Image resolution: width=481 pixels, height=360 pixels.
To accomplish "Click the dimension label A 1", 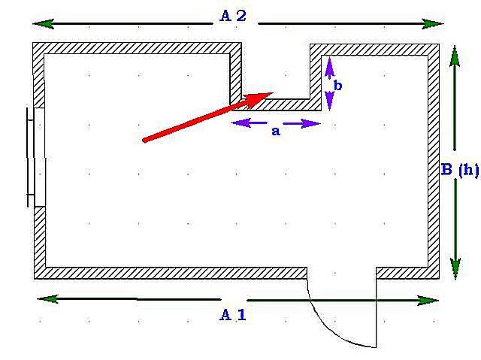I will pyautogui.click(x=232, y=315).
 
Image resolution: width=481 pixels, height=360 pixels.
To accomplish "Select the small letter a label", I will pyautogui.click(x=275, y=131).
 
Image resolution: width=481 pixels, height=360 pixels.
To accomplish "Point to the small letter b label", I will pyautogui.click(x=338, y=86).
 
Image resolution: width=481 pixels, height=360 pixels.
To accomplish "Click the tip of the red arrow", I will pyautogui.click(x=271, y=93).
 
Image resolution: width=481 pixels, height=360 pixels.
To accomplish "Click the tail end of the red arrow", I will pyautogui.click(x=144, y=140).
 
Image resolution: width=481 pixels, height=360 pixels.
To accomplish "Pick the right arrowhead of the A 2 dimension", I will pyautogui.click(x=434, y=24).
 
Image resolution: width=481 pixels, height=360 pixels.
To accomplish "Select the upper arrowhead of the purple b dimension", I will pyautogui.click(x=328, y=67).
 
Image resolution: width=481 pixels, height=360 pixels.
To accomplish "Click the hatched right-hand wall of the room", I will pyautogui.click(x=433, y=162).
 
